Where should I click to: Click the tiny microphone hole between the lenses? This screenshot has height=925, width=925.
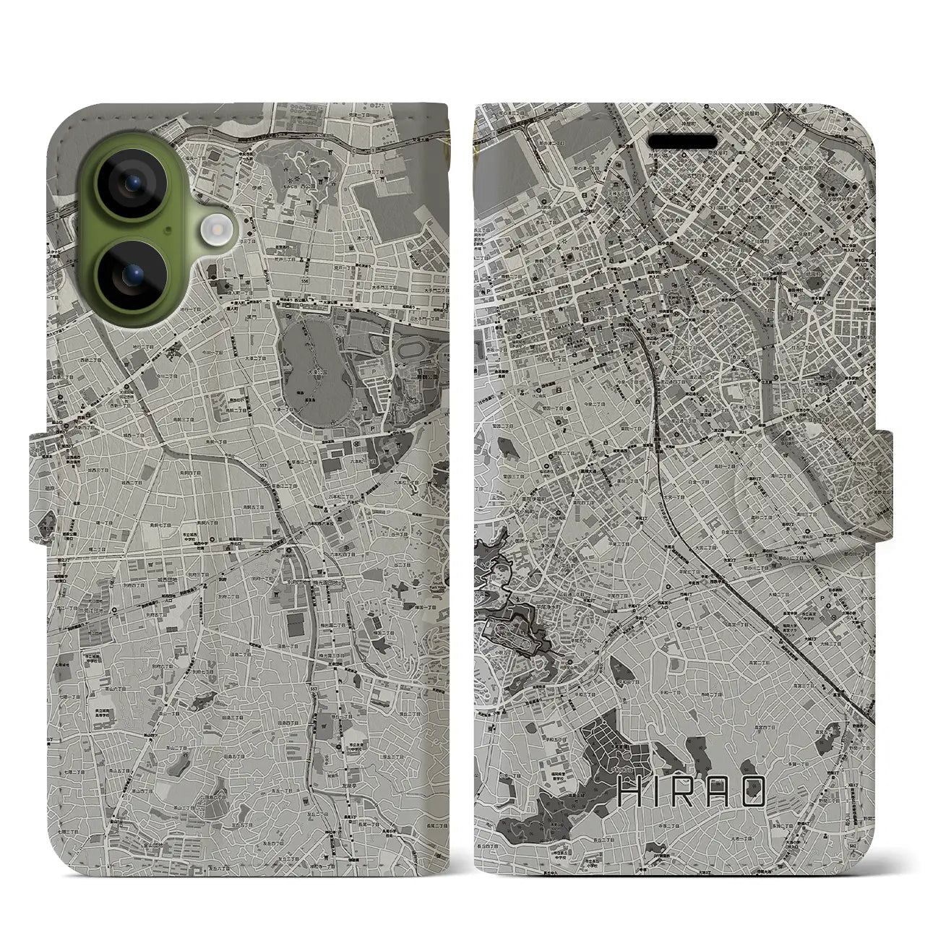click(x=169, y=231)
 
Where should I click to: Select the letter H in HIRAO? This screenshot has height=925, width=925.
click(x=631, y=793)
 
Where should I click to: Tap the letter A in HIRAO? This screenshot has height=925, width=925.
click(x=720, y=793)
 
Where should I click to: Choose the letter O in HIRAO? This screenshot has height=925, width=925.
click(x=752, y=793)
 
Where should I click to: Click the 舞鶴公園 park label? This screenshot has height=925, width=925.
click(x=431, y=377)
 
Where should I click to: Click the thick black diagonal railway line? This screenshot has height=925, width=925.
click(x=759, y=593)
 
